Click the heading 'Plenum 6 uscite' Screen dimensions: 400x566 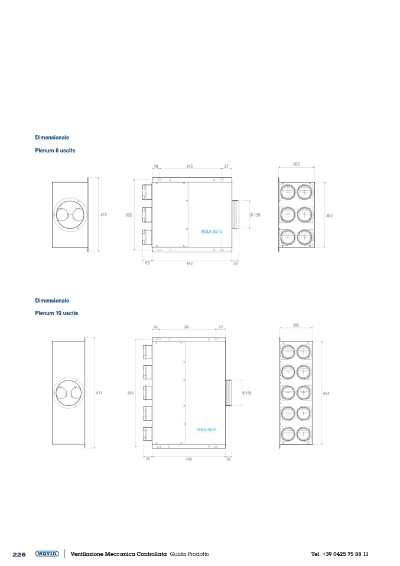(55, 151)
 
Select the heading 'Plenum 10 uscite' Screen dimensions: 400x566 (56, 313)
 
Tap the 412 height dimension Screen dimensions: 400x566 (103, 215)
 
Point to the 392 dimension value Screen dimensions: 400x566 (129, 215)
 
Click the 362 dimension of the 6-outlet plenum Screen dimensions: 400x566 (329, 216)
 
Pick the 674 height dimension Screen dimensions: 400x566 (99, 393)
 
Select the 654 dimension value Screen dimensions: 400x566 (131, 393)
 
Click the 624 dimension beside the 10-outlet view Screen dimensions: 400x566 (326, 394)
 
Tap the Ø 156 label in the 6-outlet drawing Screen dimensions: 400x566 (255, 215)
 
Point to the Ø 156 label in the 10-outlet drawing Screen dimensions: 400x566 (246, 393)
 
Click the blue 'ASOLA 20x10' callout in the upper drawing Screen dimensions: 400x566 (211, 232)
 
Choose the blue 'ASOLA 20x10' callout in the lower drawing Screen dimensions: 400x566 (206, 430)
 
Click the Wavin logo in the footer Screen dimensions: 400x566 (47, 554)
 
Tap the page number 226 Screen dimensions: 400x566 (19, 554)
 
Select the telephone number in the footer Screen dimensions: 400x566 (340, 554)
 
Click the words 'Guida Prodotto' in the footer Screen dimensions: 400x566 (190, 554)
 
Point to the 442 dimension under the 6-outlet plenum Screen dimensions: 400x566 (189, 264)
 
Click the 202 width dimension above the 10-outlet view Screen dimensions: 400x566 (296, 325)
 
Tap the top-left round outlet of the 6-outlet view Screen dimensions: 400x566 (288, 193)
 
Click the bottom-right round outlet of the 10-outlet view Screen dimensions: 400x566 (304, 434)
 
